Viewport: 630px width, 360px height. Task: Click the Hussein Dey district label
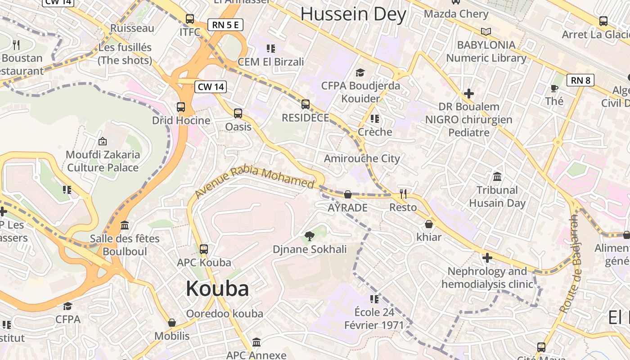(x=353, y=14)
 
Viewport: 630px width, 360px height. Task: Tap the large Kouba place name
(x=217, y=288)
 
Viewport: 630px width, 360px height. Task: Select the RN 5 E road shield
(x=225, y=25)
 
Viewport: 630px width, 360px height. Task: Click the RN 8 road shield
(x=580, y=81)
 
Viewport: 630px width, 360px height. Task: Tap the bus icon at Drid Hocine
(x=181, y=107)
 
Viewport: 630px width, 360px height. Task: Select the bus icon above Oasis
(x=238, y=113)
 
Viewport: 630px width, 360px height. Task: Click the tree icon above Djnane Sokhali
(x=310, y=236)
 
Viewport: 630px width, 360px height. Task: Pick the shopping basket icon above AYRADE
(x=348, y=194)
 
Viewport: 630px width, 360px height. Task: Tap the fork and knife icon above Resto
(x=403, y=194)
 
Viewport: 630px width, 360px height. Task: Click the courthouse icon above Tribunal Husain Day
(x=497, y=176)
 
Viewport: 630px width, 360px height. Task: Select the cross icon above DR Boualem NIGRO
(x=469, y=94)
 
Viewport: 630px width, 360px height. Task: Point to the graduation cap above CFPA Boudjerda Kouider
(x=360, y=72)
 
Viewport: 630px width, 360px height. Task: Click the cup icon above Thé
(x=554, y=88)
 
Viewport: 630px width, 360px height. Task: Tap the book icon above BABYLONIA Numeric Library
(x=486, y=31)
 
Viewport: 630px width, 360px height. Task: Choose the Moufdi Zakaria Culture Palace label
(x=103, y=161)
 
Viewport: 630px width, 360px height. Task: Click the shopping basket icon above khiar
(x=429, y=224)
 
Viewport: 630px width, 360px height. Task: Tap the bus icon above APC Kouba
(x=204, y=249)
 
